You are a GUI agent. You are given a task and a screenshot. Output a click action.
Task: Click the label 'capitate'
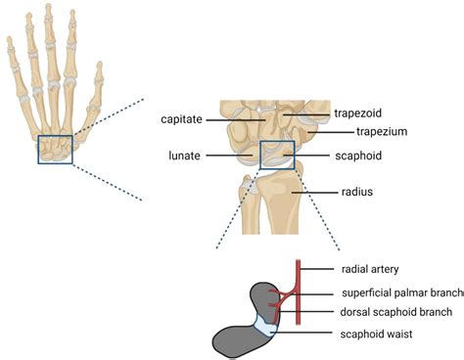[x=181, y=118]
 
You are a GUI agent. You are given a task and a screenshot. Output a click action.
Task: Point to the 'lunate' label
[x=186, y=155]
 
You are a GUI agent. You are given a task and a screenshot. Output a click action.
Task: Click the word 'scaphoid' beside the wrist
[x=357, y=155]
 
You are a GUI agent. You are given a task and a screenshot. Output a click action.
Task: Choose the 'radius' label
[x=354, y=192]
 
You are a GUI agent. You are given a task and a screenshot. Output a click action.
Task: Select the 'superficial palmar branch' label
[x=402, y=292]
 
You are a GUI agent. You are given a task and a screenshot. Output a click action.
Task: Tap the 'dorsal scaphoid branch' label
[x=396, y=312]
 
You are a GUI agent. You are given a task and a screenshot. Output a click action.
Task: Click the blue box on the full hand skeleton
[x=55, y=150]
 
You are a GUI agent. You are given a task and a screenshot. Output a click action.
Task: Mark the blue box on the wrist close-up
[x=277, y=155]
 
